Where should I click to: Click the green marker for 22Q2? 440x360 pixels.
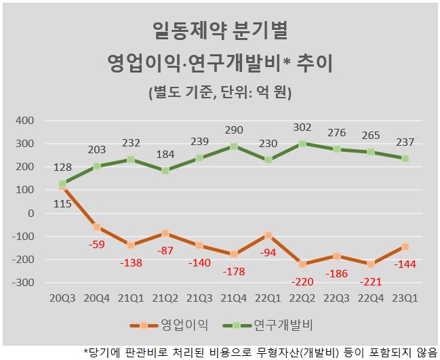[x=302, y=144]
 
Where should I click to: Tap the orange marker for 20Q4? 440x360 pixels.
[x=97, y=227]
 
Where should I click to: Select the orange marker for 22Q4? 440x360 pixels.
[x=371, y=264]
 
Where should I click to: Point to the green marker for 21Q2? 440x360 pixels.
[x=165, y=171]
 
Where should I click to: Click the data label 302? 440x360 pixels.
[x=302, y=127]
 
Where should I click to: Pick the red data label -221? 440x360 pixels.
[x=371, y=282]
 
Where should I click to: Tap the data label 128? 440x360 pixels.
[x=62, y=167]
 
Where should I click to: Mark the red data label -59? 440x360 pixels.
[x=97, y=244]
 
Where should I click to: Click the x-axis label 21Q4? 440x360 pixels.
[x=234, y=298]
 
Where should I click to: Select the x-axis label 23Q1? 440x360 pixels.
[x=405, y=298]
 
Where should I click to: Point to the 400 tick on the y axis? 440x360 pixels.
[x=24, y=121]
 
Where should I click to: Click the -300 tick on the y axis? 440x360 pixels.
[x=23, y=283]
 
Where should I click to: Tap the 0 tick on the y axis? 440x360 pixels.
[x=31, y=214]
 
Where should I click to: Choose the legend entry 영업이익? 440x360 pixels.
[x=169, y=325]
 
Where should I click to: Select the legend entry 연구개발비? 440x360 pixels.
[x=268, y=325]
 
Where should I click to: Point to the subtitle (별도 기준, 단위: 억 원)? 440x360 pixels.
[x=220, y=92]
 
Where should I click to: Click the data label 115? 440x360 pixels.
[x=62, y=203]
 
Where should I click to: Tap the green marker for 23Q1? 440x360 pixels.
[x=405, y=159]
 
